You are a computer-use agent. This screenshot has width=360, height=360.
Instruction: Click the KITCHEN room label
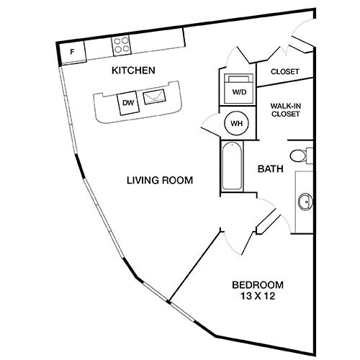(133, 71)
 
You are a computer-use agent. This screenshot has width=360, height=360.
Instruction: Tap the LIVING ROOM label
(158, 180)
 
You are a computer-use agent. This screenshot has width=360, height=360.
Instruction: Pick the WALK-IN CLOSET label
(285, 109)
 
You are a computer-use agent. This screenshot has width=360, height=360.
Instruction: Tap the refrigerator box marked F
(73, 52)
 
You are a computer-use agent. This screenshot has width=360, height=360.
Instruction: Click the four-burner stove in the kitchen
(120, 45)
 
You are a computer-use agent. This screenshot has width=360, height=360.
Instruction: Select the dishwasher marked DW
(128, 103)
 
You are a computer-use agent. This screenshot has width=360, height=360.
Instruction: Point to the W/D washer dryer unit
(238, 86)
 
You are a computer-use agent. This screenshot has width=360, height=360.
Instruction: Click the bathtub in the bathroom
(233, 167)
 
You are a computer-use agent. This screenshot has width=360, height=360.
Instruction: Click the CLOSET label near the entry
(285, 71)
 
